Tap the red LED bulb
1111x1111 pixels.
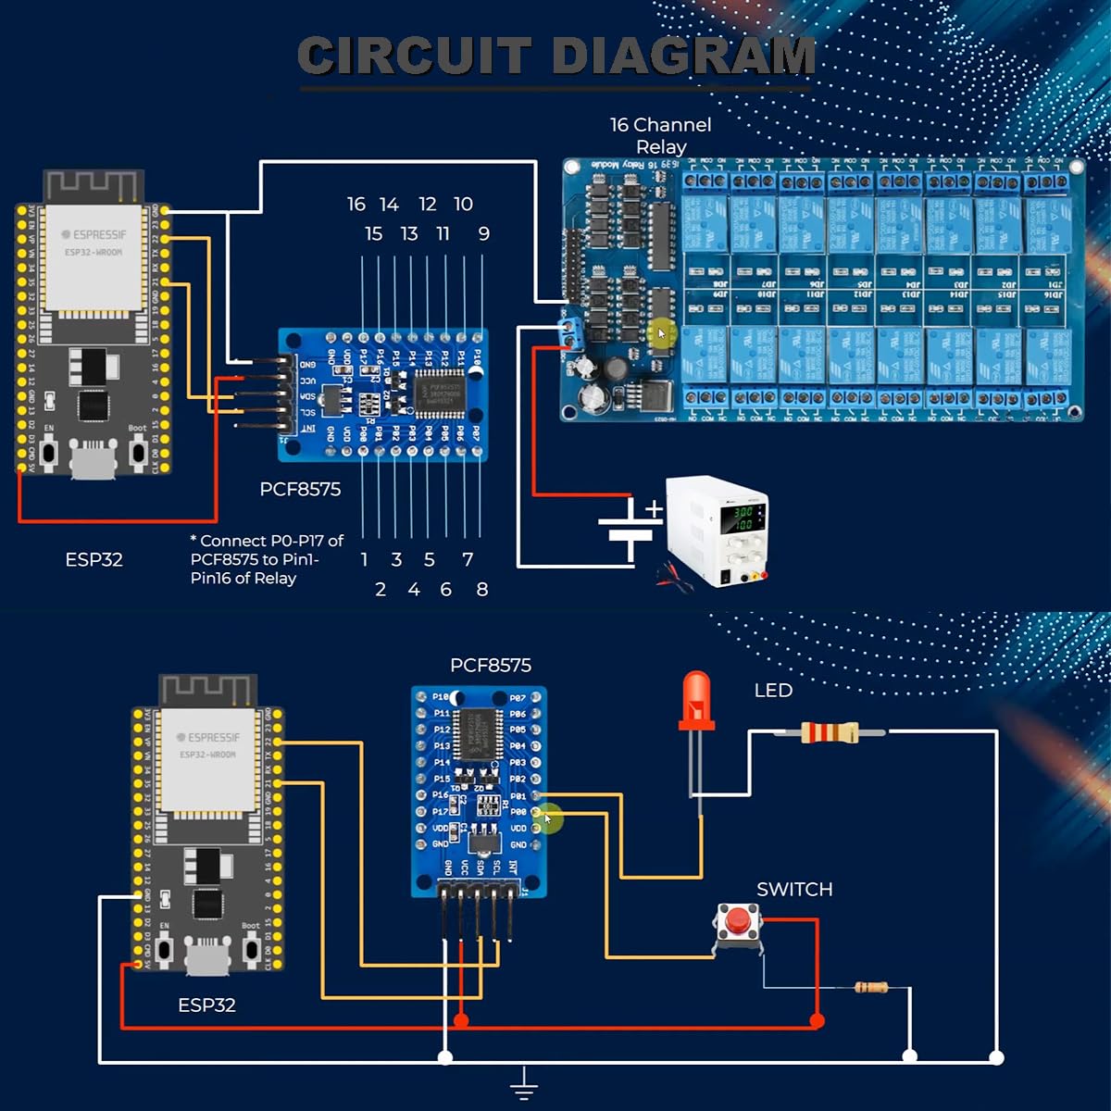click(x=696, y=699)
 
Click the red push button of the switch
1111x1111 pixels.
click(x=737, y=921)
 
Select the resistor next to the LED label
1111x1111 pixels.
click(x=830, y=733)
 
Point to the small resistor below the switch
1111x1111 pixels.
click(x=870, y=988)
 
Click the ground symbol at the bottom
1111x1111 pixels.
click(x=524, y=1083)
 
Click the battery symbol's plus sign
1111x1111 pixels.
click(x=655, y=508)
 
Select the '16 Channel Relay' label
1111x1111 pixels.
click(x=660, y=135)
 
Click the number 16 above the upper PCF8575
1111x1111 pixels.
click(x=356, y=204)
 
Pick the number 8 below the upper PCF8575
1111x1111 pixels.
click(x=481, y=590)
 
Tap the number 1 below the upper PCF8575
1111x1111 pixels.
click(x=364, y=560)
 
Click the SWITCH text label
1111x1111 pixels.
click(x=794, y=890)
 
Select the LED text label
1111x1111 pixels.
click(x=773, y=691)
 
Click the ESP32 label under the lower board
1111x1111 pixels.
click(x=206, y=1005)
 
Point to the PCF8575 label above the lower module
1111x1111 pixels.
click(x=491, y=666)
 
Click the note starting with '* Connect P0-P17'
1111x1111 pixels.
click(x=266, y=559)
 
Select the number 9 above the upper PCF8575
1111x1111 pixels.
click(x=483, y=234)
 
